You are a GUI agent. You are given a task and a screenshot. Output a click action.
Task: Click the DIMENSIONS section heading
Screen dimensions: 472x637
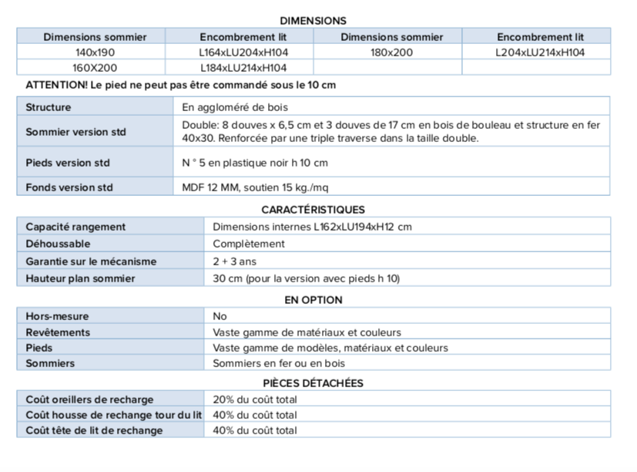coord(313,21)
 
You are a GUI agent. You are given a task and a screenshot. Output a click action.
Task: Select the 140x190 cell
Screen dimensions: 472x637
coord(94,52)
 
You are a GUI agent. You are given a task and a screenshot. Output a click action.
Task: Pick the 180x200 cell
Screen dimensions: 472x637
coord(391,52)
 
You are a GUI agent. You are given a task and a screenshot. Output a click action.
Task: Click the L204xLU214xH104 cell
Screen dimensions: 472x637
coord(540,52)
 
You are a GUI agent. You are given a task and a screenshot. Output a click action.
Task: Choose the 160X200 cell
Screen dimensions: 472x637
coord(94,68)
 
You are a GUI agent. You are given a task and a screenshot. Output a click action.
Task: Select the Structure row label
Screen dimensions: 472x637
coord(48,107)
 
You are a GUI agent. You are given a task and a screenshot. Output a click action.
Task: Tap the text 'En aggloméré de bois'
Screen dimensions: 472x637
coord(235,107)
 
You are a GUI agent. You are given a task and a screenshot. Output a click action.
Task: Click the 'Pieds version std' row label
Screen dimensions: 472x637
coord(68,163)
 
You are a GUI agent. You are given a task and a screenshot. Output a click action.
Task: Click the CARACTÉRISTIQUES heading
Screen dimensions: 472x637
coord(313,209)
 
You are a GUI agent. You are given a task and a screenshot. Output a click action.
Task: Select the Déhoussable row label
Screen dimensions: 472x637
coord(58,244)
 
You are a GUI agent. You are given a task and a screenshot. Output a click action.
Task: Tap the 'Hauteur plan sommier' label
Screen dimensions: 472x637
coord(80,278)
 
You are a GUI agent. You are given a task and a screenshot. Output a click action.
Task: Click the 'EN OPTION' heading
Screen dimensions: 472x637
coord(313,300)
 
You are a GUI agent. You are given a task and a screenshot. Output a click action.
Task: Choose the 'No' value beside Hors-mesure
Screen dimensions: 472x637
coord(220,316)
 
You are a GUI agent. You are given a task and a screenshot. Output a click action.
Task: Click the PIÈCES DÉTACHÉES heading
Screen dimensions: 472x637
coord(313,383)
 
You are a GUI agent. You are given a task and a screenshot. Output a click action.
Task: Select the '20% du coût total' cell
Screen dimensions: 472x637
coord(255,400)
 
